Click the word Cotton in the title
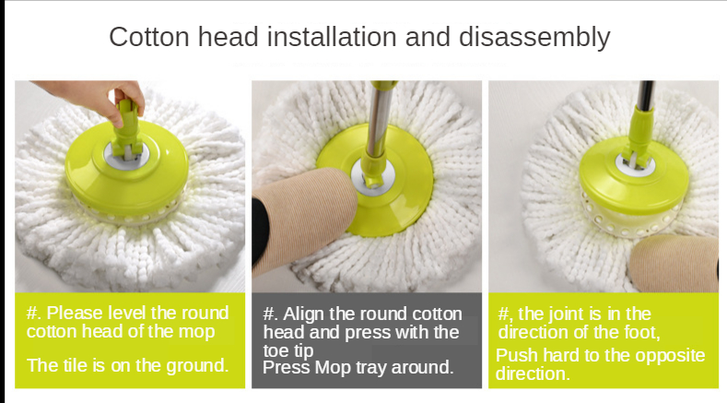point(149,37)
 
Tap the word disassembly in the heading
point(534,38)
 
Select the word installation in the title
point(332,37)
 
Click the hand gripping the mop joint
point(98,99)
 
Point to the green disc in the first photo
point(126,170)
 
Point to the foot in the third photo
point(674,263)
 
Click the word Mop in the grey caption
point(333,368)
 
